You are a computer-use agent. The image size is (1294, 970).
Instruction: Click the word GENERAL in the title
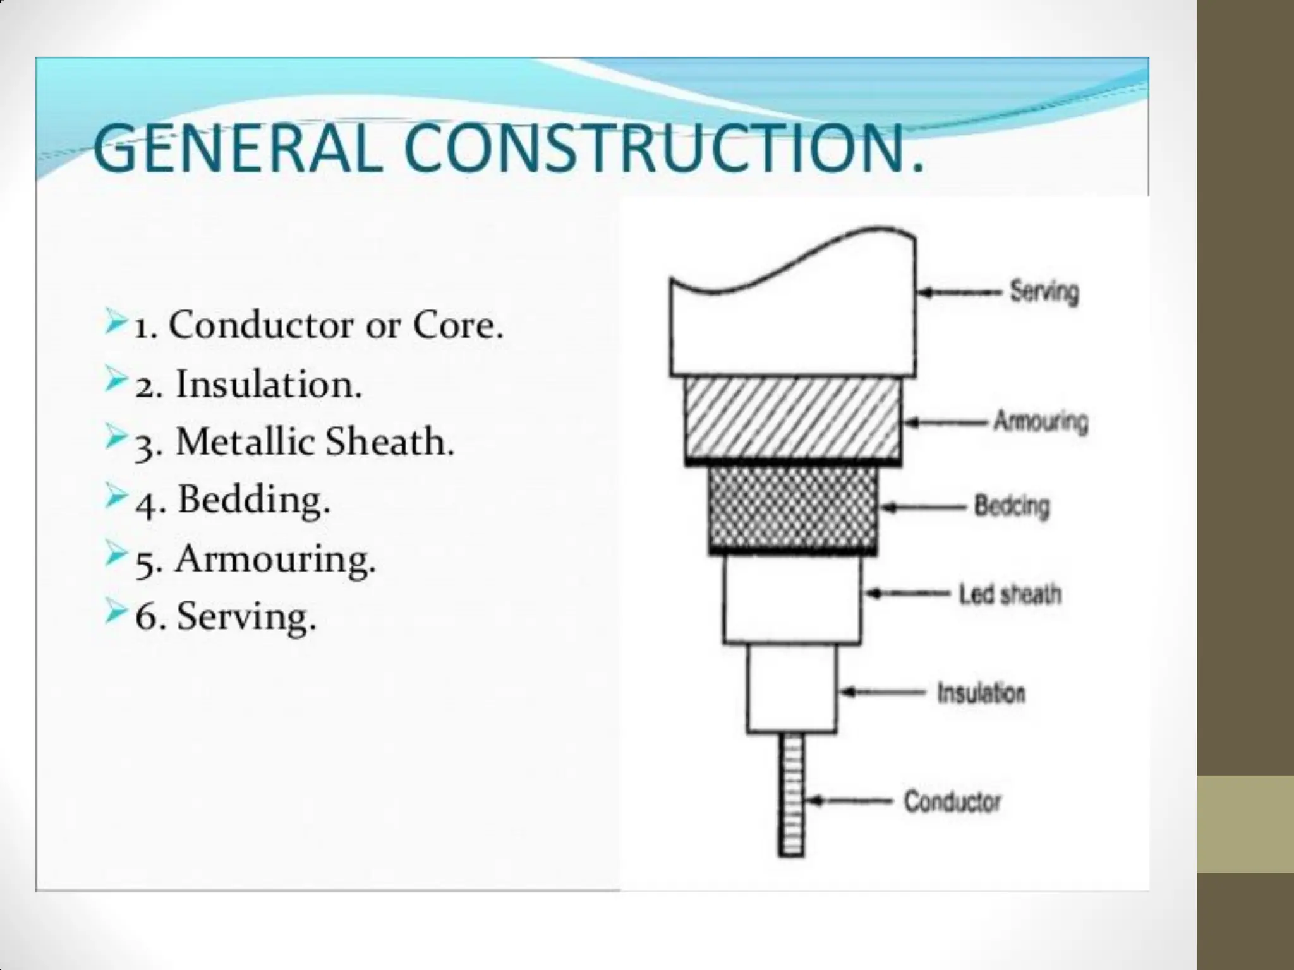coord(237,149)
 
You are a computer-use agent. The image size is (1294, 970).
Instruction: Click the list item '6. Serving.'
coord(226,617)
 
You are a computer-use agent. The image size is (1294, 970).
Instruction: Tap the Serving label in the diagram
coord(1044,292)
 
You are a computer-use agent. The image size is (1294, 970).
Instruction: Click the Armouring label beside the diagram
coord(1041,421)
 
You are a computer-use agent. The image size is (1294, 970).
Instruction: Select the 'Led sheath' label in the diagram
coord(1010,594)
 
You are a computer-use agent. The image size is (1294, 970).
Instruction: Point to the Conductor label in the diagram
coord(952,802)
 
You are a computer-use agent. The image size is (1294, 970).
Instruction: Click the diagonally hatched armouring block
coord(794,419)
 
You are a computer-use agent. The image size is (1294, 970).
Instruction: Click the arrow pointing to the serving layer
coord(959,292)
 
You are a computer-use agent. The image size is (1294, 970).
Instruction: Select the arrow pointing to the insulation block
coord(883,693)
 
